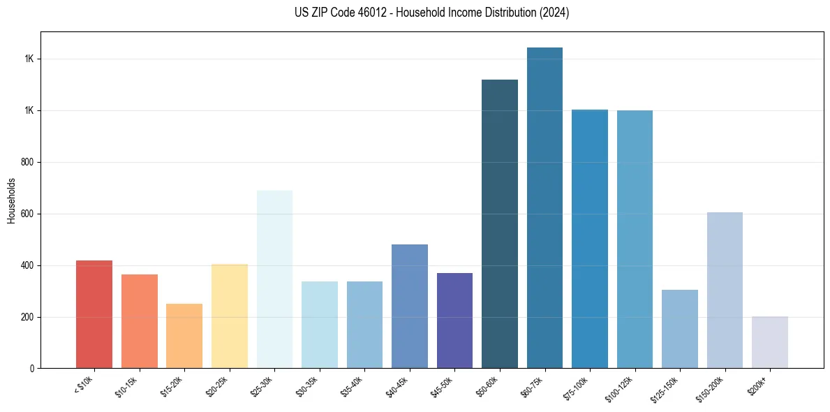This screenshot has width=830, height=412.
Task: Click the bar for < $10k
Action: click(x=94, y=314)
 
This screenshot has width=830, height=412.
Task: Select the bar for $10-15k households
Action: click(x=139, y=321)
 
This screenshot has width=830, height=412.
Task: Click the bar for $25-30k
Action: click(x=274, y=279)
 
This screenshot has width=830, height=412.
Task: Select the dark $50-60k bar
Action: click(x=500, y=223)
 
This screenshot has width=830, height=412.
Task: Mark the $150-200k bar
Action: click(x=725, y=290)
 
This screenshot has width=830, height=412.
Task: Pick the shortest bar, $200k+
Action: click(x=770, y=342)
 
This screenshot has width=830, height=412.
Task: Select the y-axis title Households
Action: click(x=11, y=200)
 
